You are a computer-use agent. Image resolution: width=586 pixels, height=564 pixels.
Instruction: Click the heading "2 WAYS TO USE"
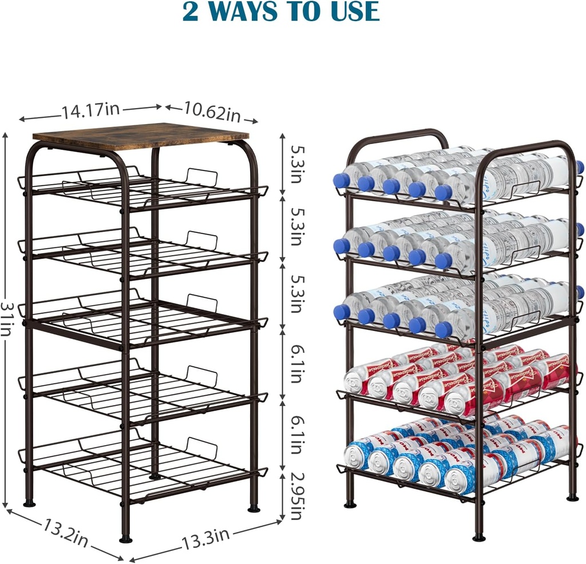(x=281, y=11)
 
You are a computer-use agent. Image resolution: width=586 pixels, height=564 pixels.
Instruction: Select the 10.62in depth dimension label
(x=212, y=112)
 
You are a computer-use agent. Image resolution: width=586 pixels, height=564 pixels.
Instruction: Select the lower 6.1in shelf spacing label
(x=296, y=435)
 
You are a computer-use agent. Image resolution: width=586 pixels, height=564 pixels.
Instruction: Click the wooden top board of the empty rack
(x=140, y=136)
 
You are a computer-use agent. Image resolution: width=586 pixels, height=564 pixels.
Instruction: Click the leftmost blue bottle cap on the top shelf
(x=342, y=181)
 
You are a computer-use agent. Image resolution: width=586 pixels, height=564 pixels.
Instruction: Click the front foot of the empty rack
(x=126, y=538)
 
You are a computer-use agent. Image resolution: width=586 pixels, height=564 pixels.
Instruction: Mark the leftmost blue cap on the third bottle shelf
(x=342, y=312)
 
